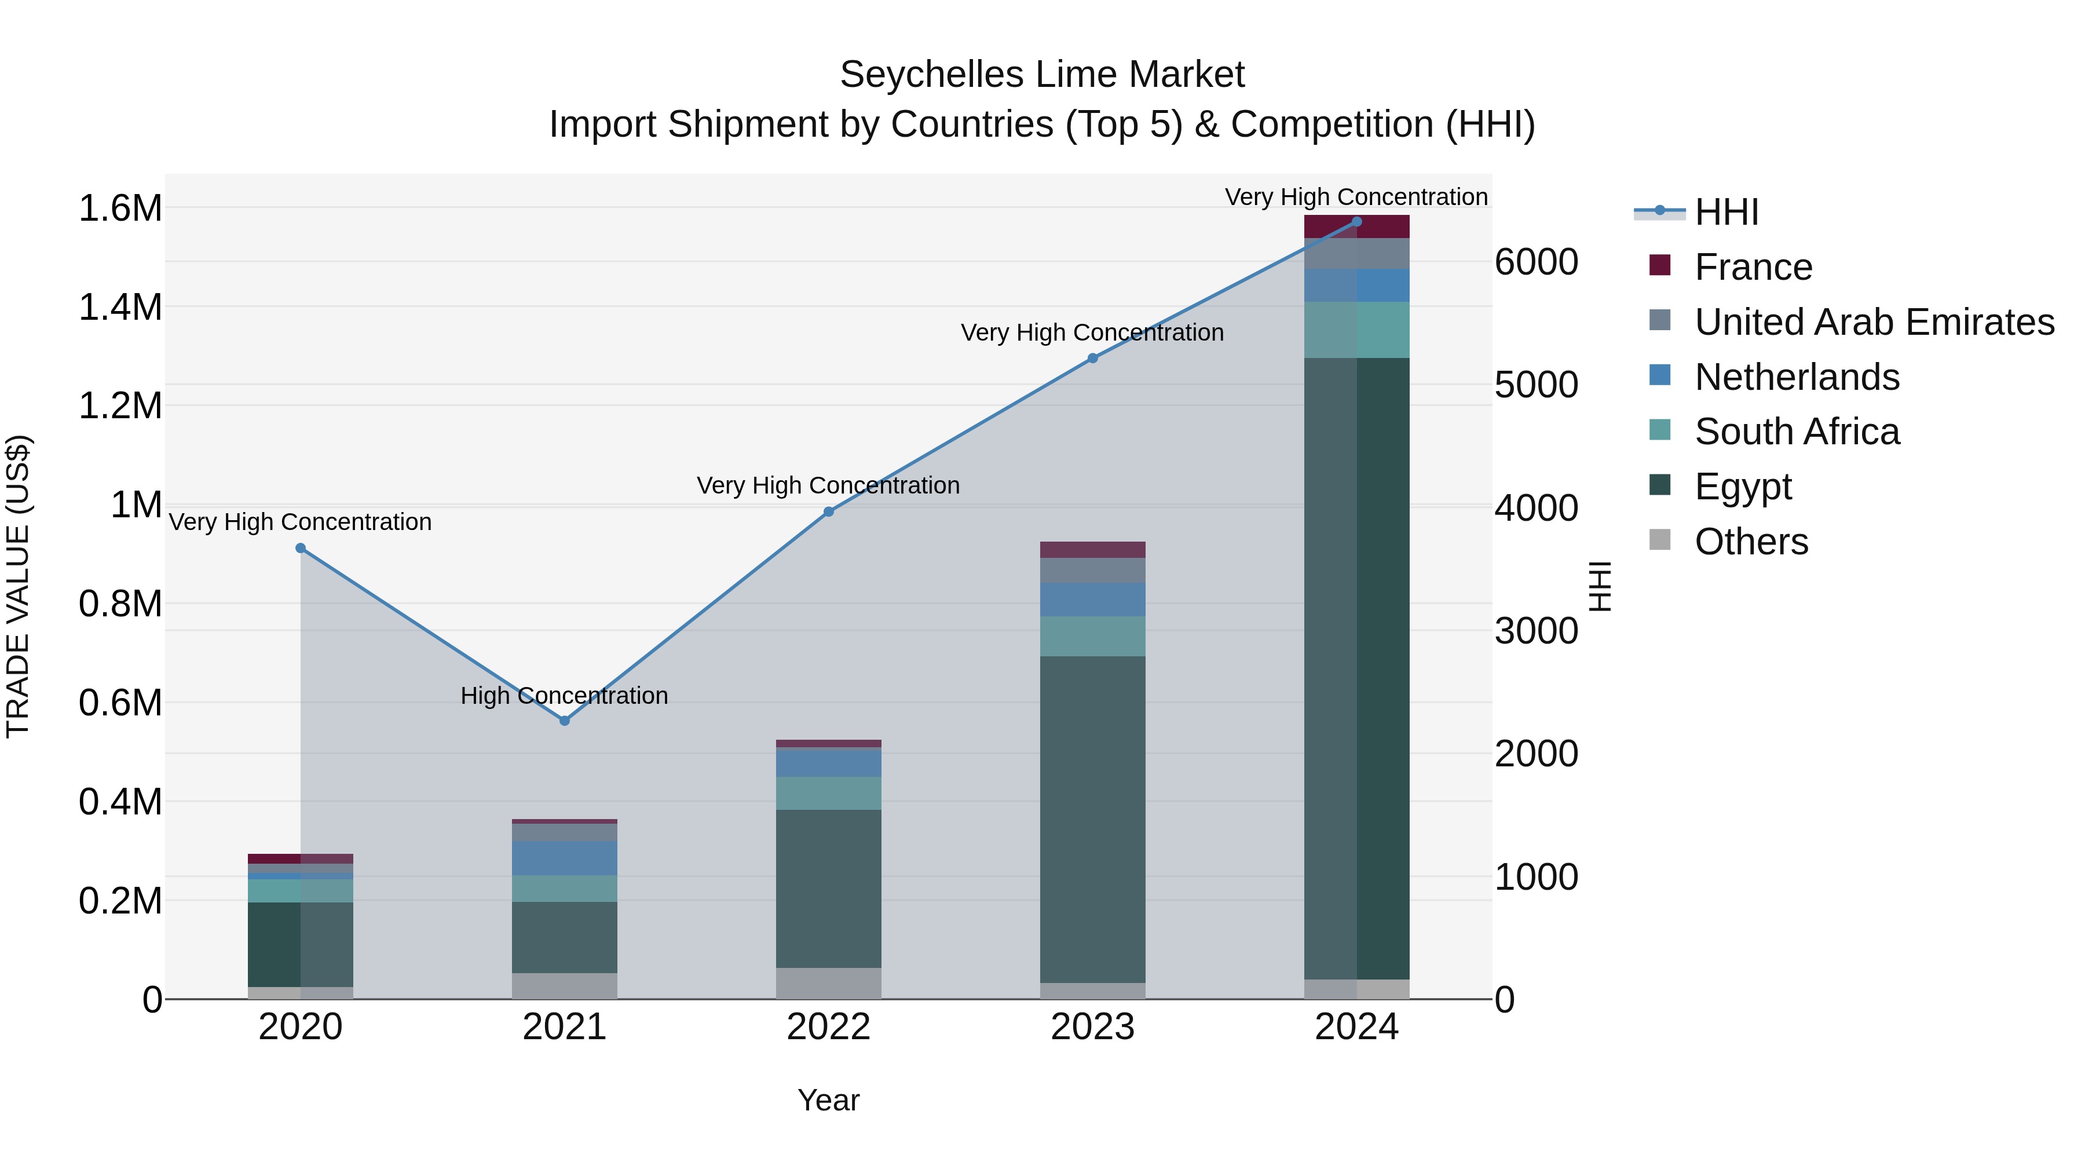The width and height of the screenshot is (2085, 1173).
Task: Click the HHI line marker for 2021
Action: coord(564,721)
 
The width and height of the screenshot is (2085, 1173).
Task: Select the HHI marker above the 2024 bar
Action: coord(1356,221)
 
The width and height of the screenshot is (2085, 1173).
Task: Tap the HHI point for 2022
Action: coord(828,511)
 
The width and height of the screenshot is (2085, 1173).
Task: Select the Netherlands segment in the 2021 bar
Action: coord(564,858)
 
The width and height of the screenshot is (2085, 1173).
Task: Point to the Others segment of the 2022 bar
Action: coord(828,983)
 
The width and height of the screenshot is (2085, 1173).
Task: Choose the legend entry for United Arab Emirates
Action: coord(1874,321)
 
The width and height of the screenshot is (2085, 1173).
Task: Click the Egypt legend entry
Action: coord(1743,487)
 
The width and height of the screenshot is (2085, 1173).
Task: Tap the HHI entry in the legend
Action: coord(1726,212)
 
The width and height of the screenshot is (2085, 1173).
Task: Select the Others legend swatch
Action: coord(1659,540)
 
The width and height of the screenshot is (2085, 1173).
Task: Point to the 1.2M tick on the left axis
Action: coord(120,405)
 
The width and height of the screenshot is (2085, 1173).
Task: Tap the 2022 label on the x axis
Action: coord(828,1027)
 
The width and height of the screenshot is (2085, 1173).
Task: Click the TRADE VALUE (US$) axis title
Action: coord(19,586)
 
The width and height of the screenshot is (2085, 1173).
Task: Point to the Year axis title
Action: coord(828,1100)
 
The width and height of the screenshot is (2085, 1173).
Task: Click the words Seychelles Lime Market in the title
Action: coord(1042,75)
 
